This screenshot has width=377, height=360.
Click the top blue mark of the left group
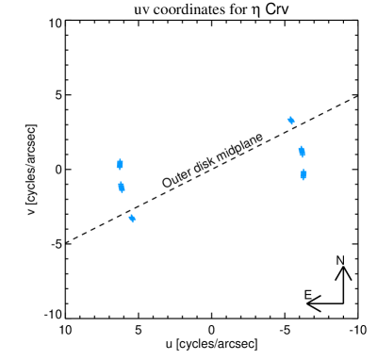[120, 164]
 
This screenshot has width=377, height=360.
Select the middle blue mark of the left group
[122, 187]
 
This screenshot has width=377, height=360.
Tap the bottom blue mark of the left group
[132, 218]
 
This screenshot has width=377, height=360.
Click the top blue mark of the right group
[290, 121]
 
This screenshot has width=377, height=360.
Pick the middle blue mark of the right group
[302, 151]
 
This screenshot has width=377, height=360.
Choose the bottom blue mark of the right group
[303, 174]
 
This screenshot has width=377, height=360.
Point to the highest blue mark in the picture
[290, 121]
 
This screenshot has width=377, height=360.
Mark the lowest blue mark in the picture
[132, 218]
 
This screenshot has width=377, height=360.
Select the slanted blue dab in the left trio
[132, 218]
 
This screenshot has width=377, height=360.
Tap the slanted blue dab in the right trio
[290, 121]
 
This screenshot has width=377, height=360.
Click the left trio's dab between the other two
[122, 187]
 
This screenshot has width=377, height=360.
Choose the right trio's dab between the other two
[302, 151]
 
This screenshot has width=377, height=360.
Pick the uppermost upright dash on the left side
[120, 164]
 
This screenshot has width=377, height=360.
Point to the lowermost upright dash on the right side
[303, 174]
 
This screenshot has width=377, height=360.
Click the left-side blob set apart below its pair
[132, 218]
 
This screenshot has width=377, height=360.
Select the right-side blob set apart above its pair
[290, 121]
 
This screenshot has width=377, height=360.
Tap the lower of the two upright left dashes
[122, 187]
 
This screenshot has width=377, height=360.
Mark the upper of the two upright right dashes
[302, 151]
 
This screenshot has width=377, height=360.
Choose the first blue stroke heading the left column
[120, 164]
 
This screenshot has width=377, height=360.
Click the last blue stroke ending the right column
[303, 174]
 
